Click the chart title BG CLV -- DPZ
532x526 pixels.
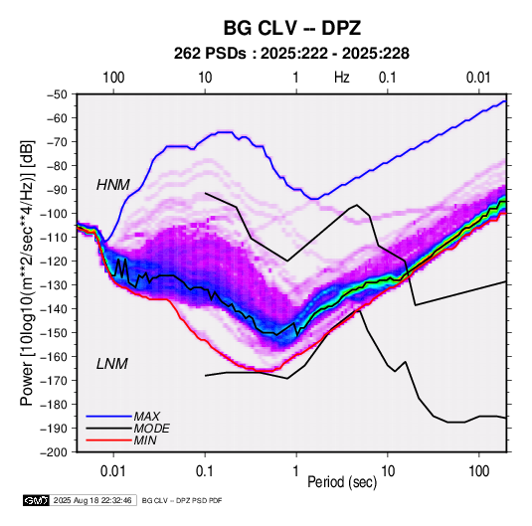pos(291,28)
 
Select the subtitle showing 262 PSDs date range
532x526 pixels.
pos(291,54)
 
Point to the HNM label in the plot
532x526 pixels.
pos(113,185)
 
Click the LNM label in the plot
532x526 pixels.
pos(112,364)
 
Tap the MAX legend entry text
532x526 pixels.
pos(146,416)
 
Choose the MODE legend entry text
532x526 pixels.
pos(152,429)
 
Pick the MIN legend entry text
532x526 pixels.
pos(145,440)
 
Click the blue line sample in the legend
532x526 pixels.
pos(109,416)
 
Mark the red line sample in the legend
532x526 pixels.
pos(109,440)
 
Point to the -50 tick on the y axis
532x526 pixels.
pos(58,94)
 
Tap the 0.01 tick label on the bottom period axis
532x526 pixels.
pos(113,471)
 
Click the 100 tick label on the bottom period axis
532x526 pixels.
pos(478,471)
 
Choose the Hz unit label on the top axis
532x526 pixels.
pos(342,78)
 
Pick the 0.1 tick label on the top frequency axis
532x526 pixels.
pos(388,78)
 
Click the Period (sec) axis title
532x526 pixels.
pos(342,482)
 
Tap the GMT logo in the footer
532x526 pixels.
pos(37,500)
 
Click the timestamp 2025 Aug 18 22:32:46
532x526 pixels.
pos(92,500)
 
